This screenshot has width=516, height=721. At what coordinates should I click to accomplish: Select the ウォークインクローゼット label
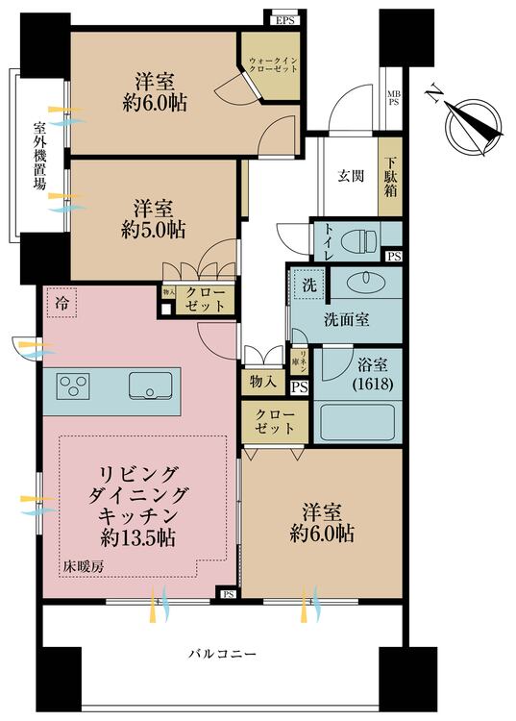tap(272, 65)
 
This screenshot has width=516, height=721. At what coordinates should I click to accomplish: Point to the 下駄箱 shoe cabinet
tap(391, 176)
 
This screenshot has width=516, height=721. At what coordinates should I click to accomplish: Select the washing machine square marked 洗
tap(308, 286)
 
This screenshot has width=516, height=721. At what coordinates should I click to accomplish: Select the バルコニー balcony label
tap(222, 655)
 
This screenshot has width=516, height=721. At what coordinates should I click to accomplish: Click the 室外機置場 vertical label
tap(39, 156)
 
